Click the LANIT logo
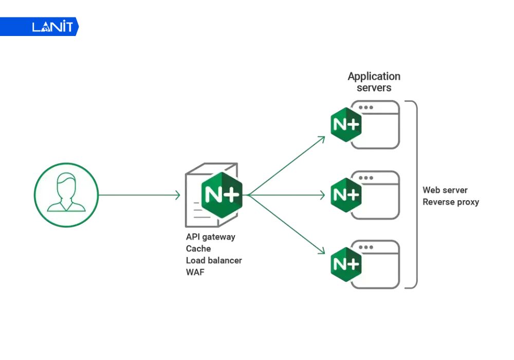click(x=52, y=26)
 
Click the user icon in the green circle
click(x=66, y=195)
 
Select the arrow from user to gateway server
click(x=139, y=195)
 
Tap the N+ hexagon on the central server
click(x=222, y=195)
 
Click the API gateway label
click(x=210, y=237)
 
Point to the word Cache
click(x=198, y=248)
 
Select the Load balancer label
click(x=214, y=260)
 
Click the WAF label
click(x=195, y=272)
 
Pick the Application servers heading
click(x=374, y=82)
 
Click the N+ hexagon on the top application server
click(x=346, y=125)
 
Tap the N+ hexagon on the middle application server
click(x=346, y=195)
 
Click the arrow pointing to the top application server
click(x=288, y=165)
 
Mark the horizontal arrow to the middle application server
click(x=288, y=195)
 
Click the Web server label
click(x=445, y=190)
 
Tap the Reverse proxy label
click(x=451, y=202)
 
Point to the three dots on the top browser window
click(x=366, y=107)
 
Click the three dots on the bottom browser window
click(x=366, y=247)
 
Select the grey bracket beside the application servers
click(x=414, y=194)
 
